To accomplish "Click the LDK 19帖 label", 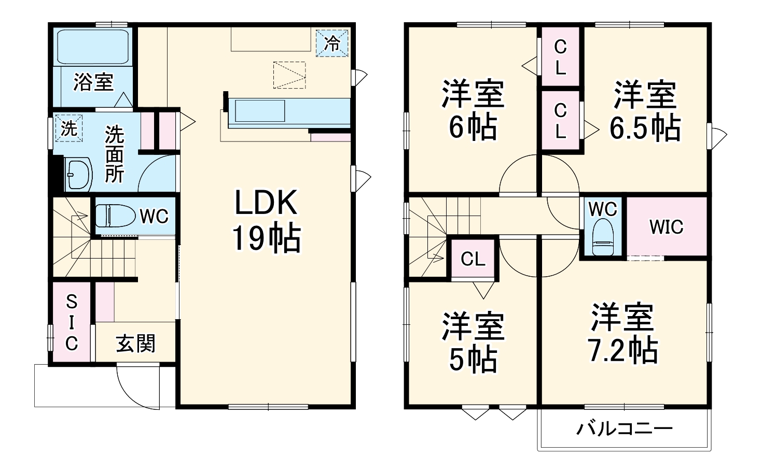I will tap(266, 220).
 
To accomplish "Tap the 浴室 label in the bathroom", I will tap(93, 82).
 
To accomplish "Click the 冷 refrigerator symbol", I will tap(332, 42).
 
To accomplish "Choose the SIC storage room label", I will tap(72, 322).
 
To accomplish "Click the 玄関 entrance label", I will tap(135, 343).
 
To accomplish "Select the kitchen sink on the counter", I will tap(260, 111).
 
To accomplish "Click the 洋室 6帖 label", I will tap(473, 110).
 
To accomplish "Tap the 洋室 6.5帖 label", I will tap(645, 110).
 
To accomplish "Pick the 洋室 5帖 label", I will tap(473, 342).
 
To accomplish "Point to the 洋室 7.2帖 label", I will tap(622, 333).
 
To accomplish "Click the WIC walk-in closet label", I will tap(667, 226).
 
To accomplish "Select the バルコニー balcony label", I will tap(625, 429).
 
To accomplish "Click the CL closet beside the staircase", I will tap(473, 259).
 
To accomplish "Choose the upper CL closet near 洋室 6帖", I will tap(560, 57).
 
